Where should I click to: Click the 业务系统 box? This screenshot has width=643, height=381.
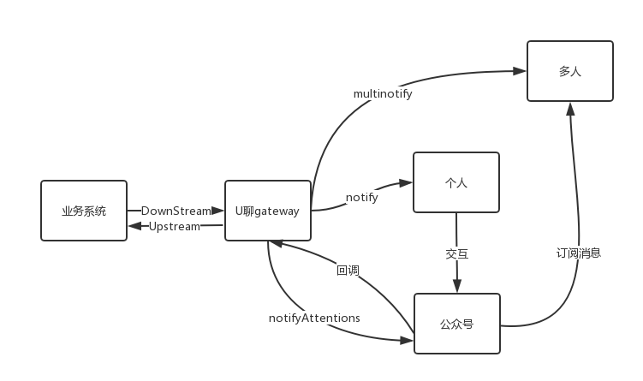84,211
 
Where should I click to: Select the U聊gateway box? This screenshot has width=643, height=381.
267,211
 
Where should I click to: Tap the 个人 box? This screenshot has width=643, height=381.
455,182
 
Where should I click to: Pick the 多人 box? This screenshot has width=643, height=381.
569,71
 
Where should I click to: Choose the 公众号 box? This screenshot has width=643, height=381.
456,324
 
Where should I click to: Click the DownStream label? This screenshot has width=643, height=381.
176,210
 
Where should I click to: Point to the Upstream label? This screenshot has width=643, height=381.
175,226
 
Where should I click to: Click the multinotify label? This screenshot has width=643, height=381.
383,93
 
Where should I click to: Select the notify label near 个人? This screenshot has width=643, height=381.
361,197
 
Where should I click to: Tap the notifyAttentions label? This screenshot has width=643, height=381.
314,318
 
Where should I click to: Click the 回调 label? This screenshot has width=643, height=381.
348,271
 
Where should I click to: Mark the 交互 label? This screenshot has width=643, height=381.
456,253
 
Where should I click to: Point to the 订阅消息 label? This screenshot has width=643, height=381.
578,253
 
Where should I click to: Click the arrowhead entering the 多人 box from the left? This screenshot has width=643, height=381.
520,72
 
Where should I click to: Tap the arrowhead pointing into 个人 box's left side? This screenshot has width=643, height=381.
407,182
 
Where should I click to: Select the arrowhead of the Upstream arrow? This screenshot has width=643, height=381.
134,226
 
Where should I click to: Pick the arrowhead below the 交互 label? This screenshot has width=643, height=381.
456,287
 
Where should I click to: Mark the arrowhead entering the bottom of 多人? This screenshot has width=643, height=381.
570,109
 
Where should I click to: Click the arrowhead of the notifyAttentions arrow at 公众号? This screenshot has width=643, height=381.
408,340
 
